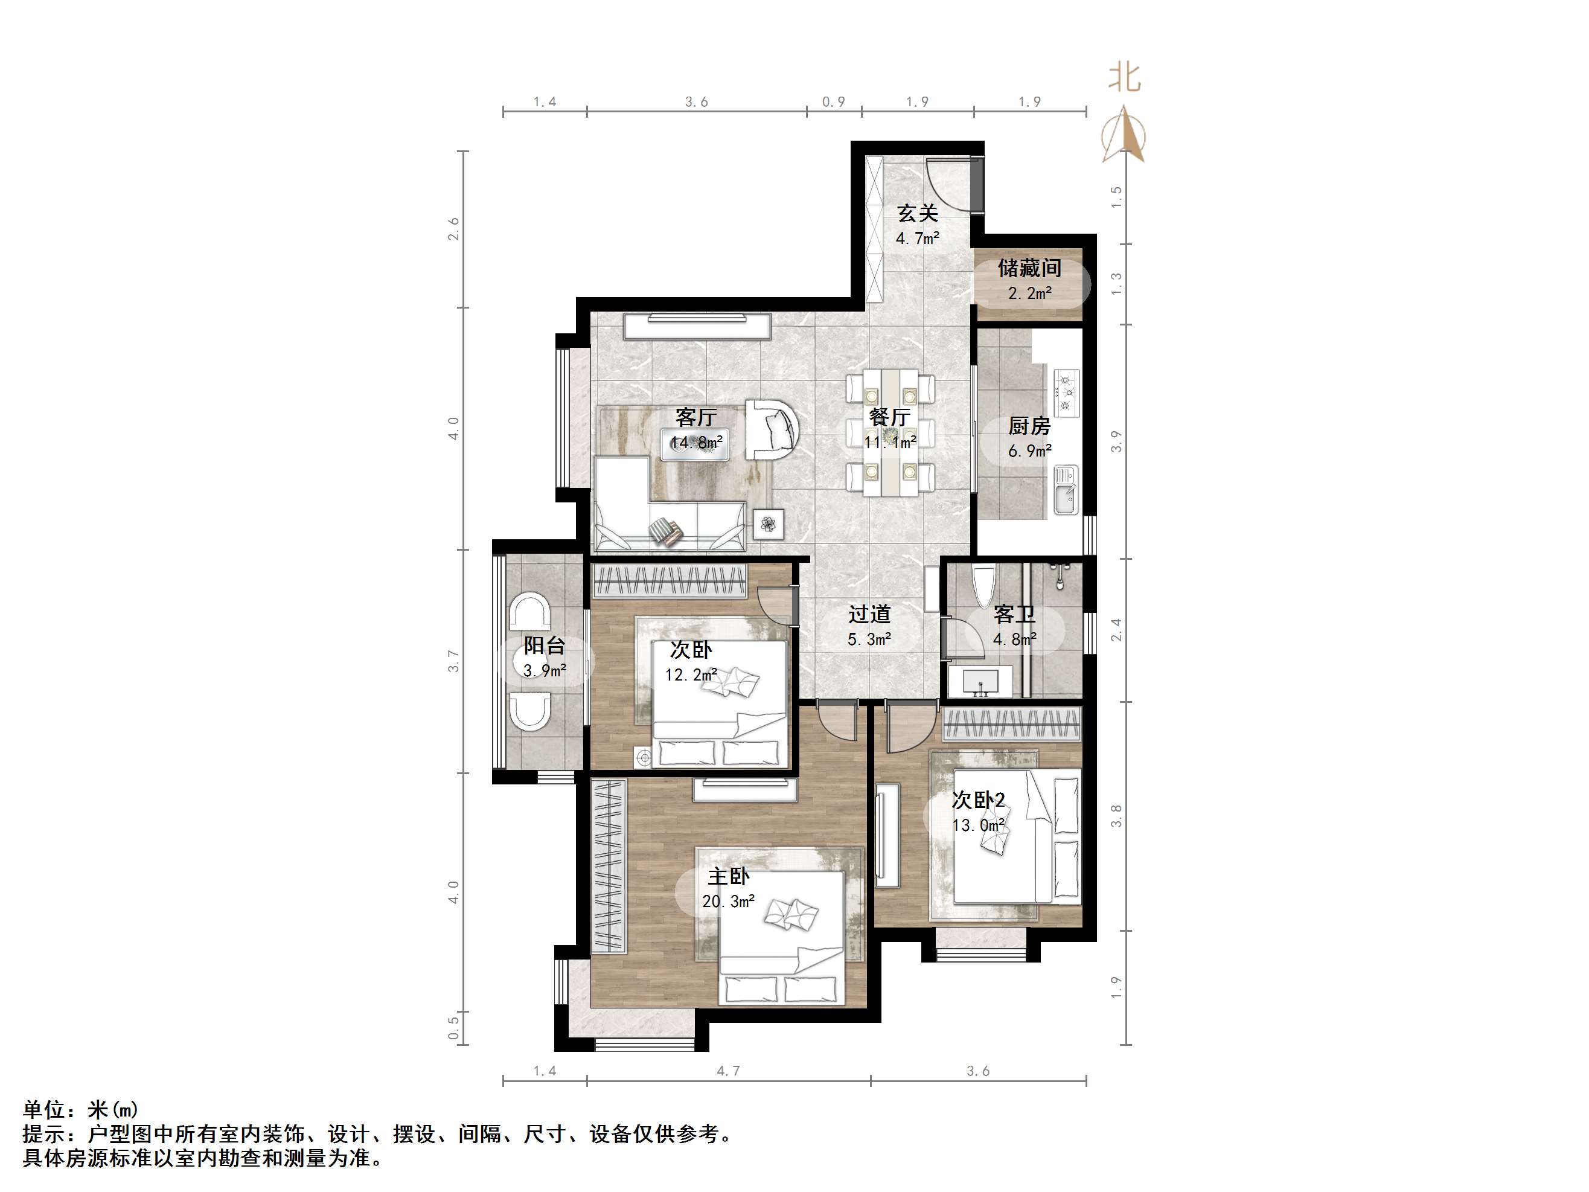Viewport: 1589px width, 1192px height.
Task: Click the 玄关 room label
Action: [917, 213]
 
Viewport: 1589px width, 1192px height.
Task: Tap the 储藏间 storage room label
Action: [1029, 268]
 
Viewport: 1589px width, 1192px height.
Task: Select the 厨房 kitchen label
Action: [1029, 426]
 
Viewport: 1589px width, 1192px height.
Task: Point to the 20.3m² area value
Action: [729, 901]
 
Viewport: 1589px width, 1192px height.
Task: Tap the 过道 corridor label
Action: [869, 614]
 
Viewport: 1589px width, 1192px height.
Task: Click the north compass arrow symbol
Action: [1124, 135]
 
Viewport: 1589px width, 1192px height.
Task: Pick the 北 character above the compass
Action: [1124, 77]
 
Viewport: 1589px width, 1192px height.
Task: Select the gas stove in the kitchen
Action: [1067, 393]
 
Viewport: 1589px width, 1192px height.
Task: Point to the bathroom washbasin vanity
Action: [980, 681]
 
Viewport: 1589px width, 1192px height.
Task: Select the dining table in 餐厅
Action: [890, 432]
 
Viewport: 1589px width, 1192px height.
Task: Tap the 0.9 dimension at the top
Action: [833, 102]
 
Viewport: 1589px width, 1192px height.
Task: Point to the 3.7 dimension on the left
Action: [453, 661]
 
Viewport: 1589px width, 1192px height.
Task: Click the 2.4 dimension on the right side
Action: [1116, 630]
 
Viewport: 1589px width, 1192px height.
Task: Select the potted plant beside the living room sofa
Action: [769, 525]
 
